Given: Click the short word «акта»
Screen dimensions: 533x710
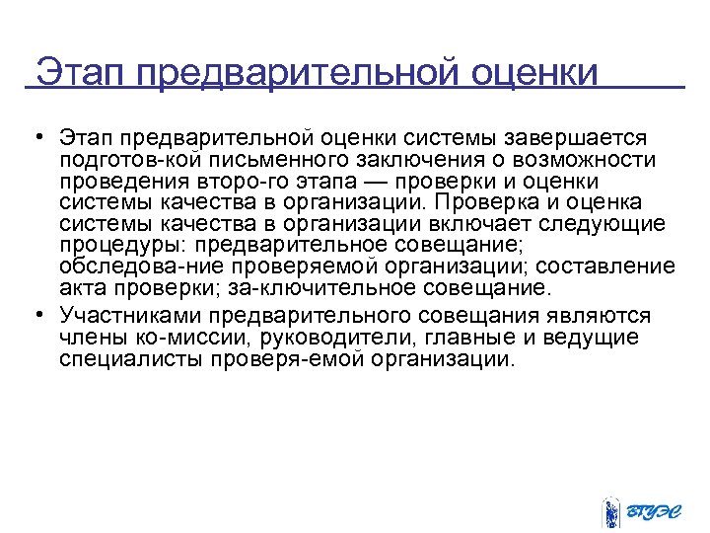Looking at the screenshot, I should tap(82, 289).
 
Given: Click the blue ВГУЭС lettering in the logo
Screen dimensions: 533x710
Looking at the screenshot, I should tap(655, 511).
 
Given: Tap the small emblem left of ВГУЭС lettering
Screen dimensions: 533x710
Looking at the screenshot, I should tap(610, 509).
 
